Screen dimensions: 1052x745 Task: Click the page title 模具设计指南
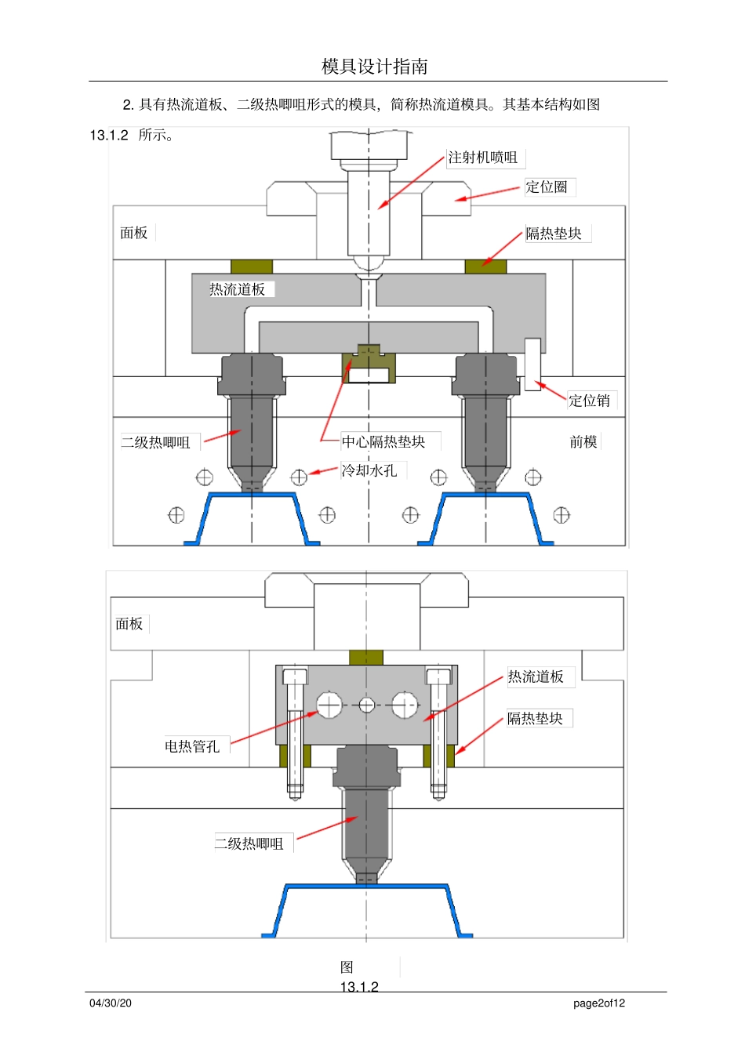tap(375, 67)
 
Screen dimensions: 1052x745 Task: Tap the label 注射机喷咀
tap(483, 158)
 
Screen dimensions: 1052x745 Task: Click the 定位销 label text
tap(589, 401)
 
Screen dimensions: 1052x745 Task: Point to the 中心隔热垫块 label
tap(383, 442)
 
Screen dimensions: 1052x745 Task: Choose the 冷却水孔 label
tap(369, 470)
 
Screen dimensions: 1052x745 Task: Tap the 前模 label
tap(583, 442)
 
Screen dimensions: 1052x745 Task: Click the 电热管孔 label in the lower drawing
tap(192, 746)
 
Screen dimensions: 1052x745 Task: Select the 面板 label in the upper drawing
tap(134, 233)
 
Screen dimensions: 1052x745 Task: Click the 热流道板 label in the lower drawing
tap(536, 677)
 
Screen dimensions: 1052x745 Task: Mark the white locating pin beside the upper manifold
tap(532, 364)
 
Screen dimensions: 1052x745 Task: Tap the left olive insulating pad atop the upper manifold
tap(252, 267)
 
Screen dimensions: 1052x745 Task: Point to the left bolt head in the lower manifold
tap(295, 677)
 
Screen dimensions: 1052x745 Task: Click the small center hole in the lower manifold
tap(366, 705)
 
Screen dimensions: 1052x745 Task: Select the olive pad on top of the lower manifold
tap(366, 657)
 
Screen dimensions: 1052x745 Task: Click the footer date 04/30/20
tap(111, 1003)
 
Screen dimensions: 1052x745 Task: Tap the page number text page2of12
tap(599, 1003)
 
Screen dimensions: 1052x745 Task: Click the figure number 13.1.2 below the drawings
tap(359, 987)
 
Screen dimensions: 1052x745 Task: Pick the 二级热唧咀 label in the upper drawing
tap(155, 443)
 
